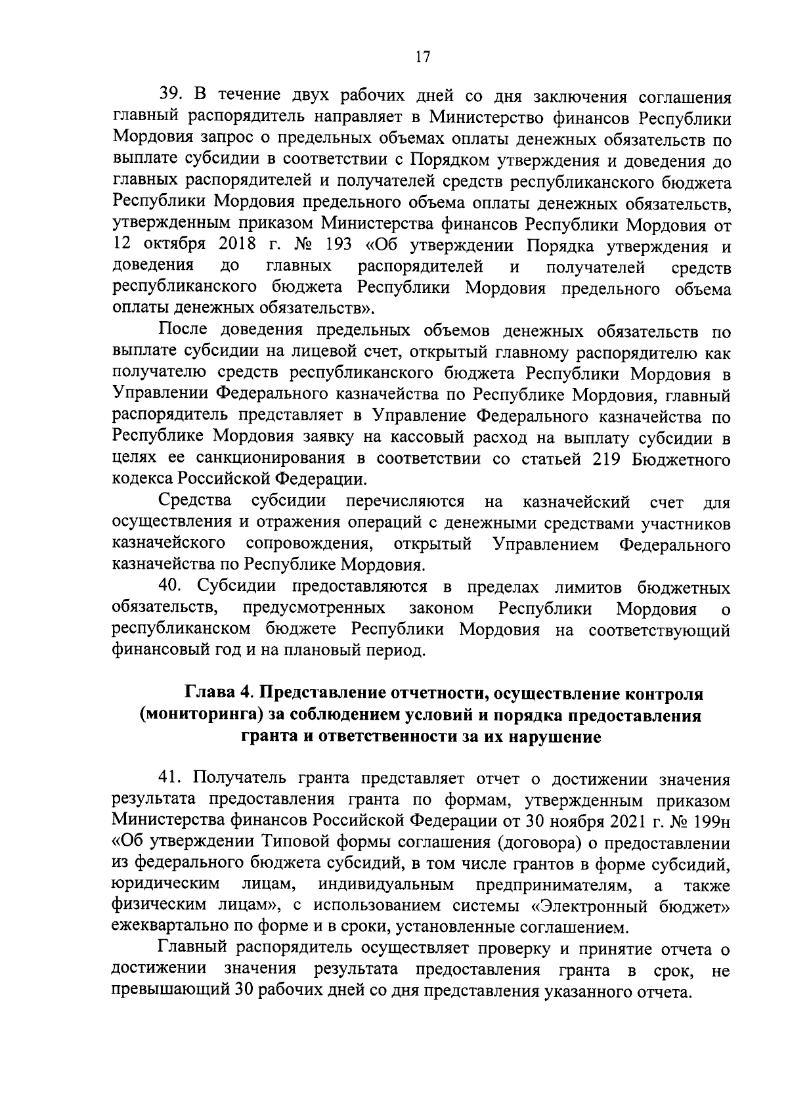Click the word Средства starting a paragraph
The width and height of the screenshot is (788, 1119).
pos(196,502)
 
